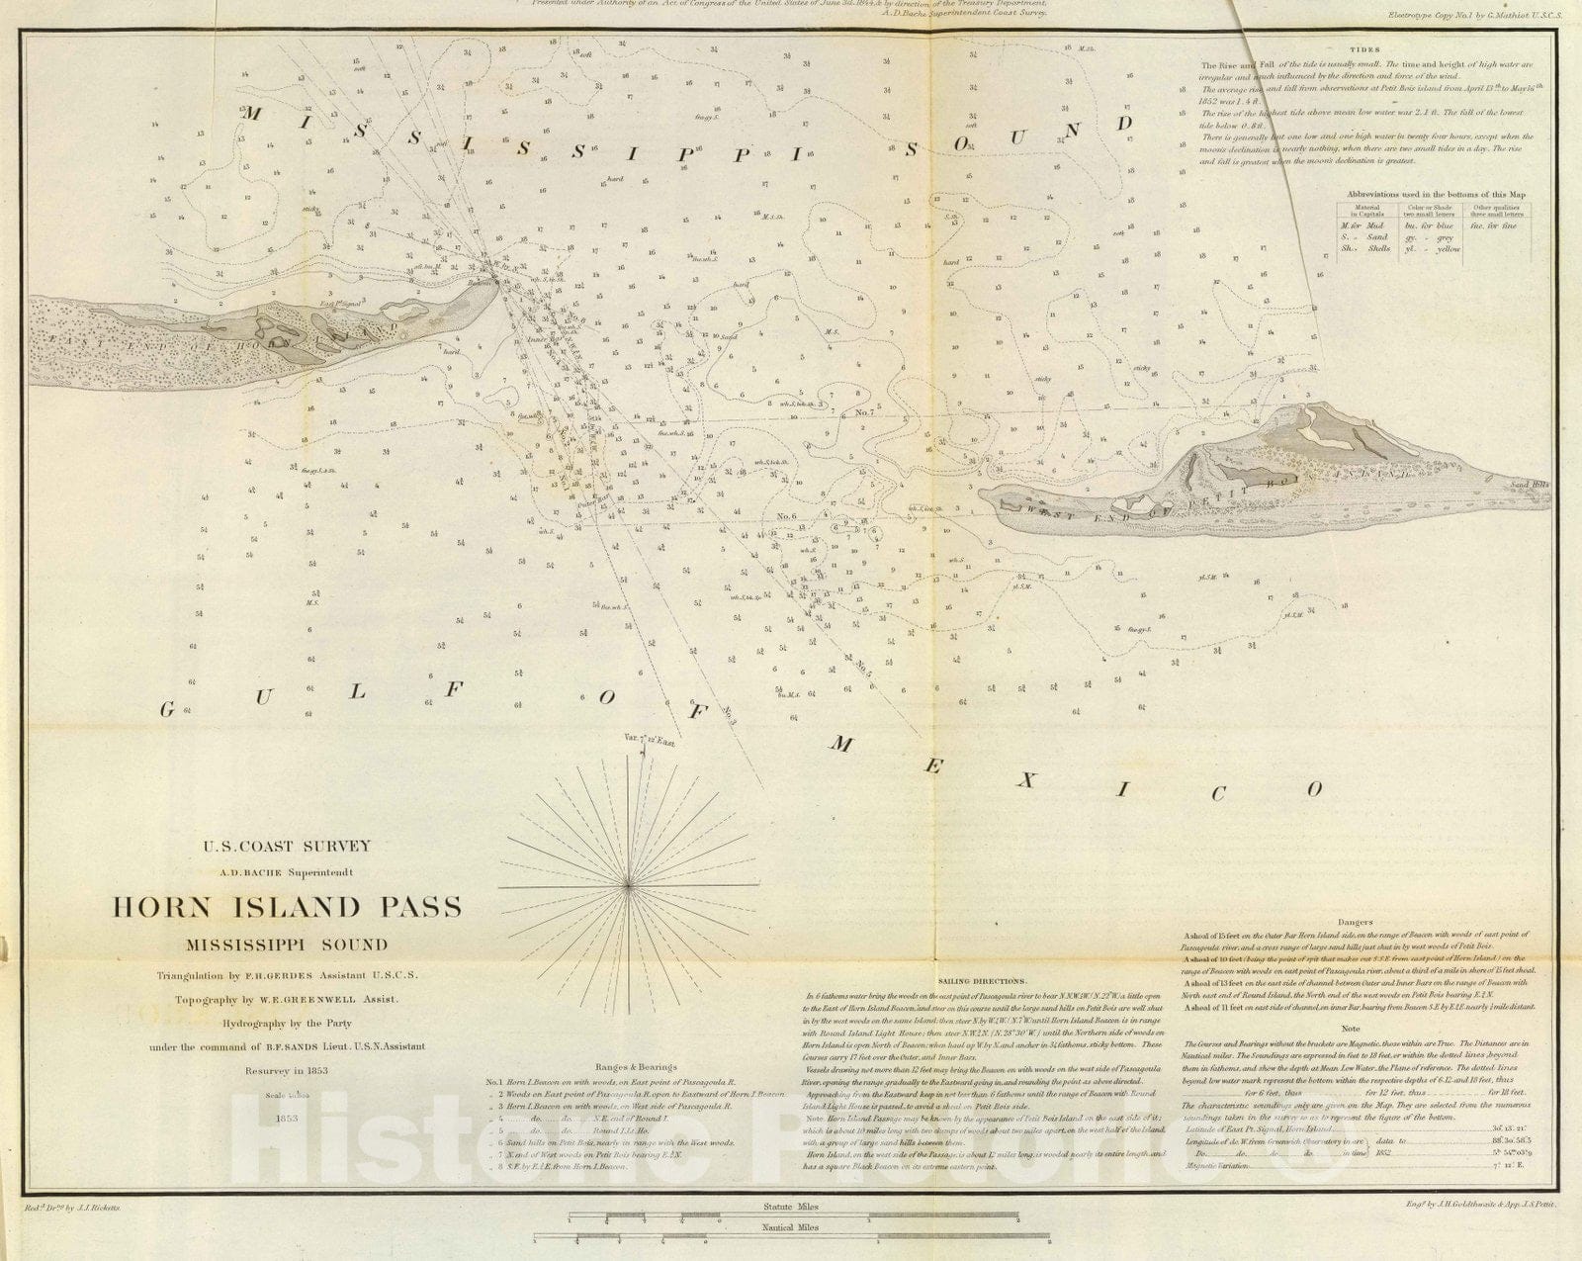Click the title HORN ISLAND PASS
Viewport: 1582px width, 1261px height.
[287, 908]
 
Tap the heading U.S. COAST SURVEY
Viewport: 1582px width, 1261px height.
[287, 846]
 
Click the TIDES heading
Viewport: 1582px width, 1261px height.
[1364, 49]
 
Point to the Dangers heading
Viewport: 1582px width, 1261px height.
[1353, 922]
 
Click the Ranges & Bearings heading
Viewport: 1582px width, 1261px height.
[636, 1067]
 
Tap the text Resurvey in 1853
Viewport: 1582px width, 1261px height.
[287, 1070]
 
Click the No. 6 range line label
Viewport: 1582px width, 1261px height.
[787, 515]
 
